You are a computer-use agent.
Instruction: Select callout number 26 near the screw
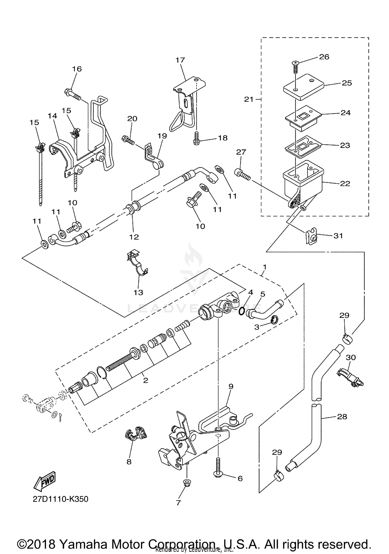point(324,57)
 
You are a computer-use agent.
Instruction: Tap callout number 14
point(52,116)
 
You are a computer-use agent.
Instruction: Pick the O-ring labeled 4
point(241,311)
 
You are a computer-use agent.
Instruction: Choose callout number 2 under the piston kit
point(145,380)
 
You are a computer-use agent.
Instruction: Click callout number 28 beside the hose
point(342,416)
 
